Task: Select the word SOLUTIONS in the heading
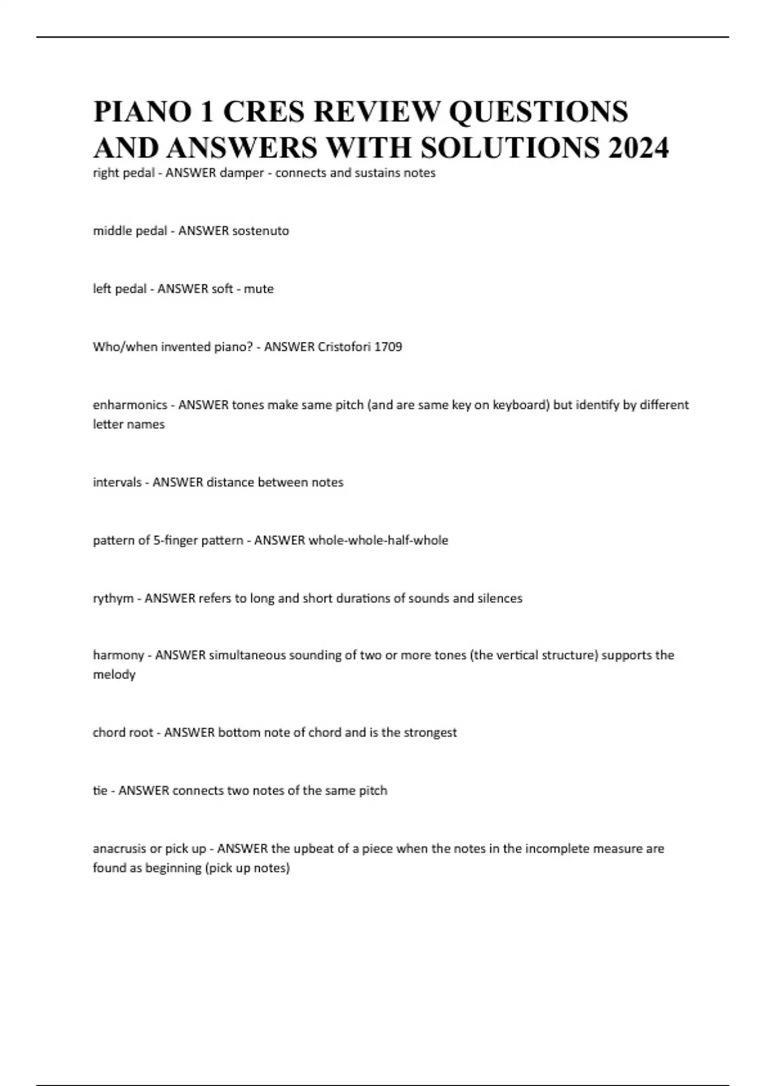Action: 510,148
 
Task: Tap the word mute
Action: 259,289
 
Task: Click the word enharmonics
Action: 130,405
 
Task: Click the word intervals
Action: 117,482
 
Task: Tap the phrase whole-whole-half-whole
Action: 378,540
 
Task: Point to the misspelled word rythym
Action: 113,599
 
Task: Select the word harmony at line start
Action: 118,655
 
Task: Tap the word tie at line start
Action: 100,791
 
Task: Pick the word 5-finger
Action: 176,540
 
